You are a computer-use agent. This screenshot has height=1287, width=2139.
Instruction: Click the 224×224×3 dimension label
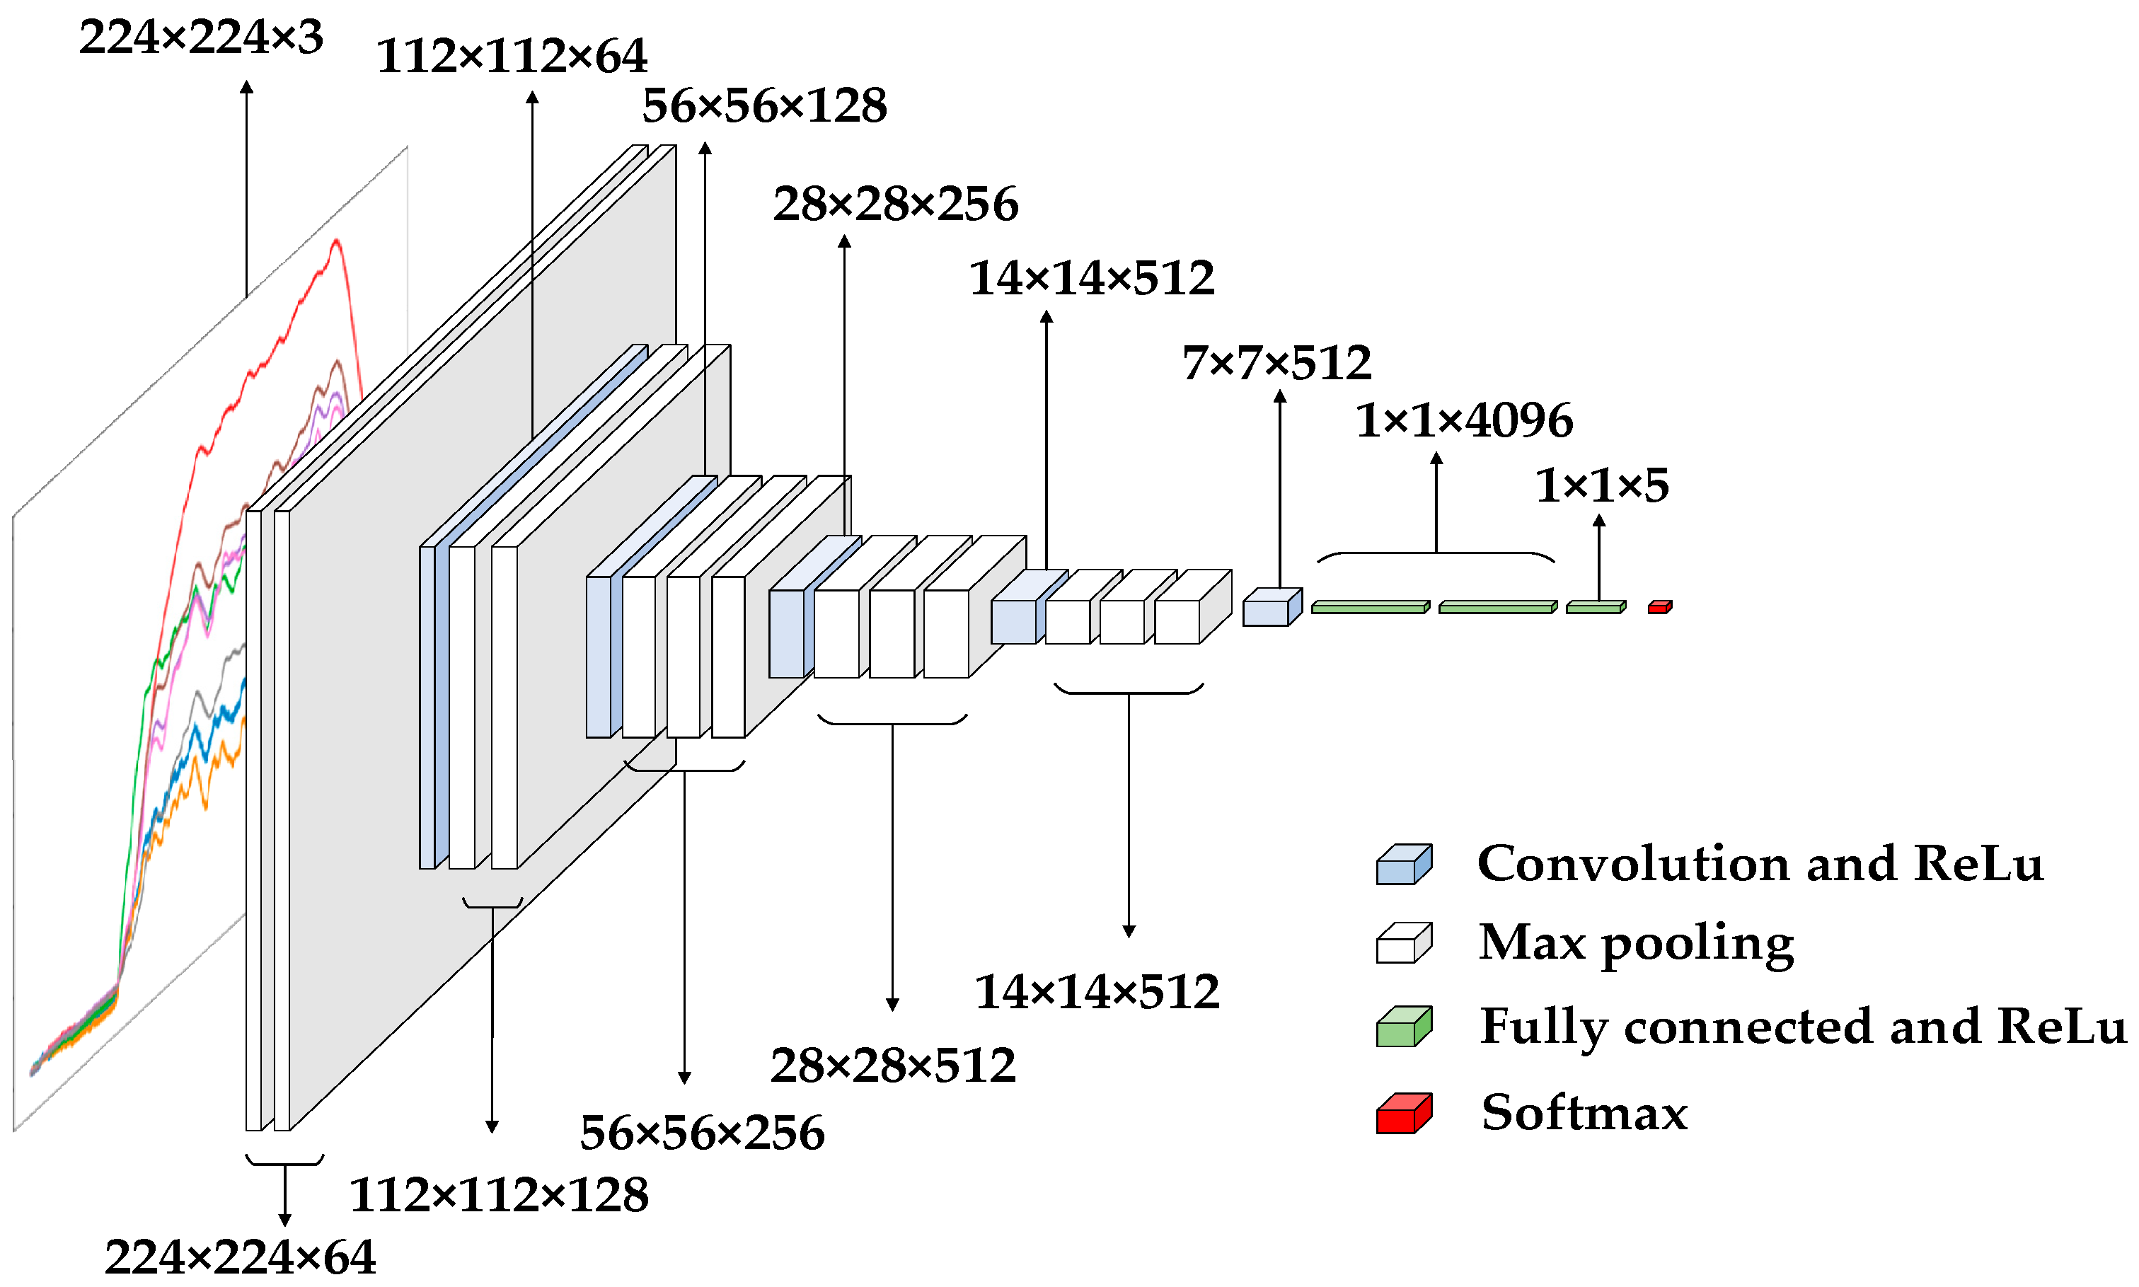coord(200,37)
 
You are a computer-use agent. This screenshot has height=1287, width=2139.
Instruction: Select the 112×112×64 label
coord(511,57)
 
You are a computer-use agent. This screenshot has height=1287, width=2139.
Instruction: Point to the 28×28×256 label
coord(895,204)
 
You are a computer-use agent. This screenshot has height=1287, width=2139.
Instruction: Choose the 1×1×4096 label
coord(1463,420)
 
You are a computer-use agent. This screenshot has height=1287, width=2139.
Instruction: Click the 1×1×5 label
coord(1601,485)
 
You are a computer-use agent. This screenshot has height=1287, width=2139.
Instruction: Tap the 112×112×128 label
coord(499,1194)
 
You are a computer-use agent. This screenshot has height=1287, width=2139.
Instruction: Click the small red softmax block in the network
coord(1659,607)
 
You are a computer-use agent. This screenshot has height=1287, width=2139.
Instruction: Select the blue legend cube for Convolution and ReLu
coord(1402,865)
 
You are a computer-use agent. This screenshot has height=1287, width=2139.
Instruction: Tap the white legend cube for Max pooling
coord(1402,942)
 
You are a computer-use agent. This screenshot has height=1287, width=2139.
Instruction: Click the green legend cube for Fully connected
coord(1402,1026)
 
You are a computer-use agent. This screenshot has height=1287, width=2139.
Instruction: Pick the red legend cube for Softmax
coord(1402,1113)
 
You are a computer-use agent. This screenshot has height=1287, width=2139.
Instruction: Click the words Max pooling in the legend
coord(1635,942)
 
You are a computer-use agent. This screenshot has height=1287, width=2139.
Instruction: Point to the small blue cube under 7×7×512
coord(1270,608)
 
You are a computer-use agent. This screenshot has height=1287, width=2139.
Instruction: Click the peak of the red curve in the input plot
coord(336,242)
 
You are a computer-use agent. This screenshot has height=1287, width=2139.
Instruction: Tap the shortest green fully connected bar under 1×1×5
coord(1594,607)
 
